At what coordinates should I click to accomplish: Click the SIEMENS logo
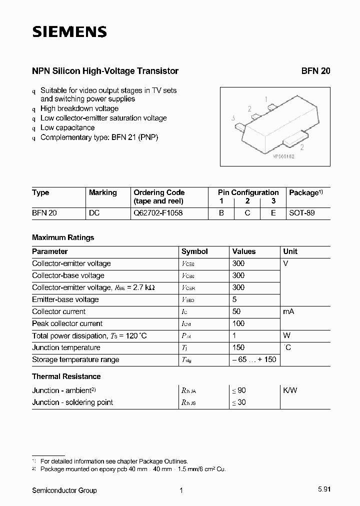point(69,32)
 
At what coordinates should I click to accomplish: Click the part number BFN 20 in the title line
point(315,71)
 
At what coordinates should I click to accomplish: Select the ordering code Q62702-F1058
point(158,213)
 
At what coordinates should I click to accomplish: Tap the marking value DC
point(94,213)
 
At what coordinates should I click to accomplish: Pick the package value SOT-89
point(302,213)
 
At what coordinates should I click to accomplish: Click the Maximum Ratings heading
point(63,237)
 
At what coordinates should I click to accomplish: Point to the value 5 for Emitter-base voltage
point(234,299)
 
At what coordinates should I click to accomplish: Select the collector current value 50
point(236,311)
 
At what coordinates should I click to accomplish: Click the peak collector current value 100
point(238,323)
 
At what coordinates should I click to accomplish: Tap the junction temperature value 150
point(238,347)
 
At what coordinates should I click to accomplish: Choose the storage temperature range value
point(254,359)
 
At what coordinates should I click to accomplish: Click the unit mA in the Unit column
point(288,311)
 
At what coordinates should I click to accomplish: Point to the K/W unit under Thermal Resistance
point(290,390)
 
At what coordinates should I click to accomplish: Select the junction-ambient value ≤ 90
point(239,390)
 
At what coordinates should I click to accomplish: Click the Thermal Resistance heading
point(66,376)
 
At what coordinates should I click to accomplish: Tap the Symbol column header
point(194,251)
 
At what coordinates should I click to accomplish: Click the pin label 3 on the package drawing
point(233,118)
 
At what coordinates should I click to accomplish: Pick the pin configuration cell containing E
point(273,213)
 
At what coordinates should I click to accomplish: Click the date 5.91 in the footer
point(323,490)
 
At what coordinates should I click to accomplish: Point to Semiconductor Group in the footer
point(64,490)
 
